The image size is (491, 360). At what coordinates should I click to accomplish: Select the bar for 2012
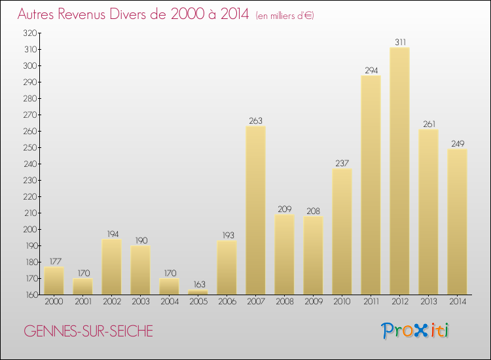tap(399, 171)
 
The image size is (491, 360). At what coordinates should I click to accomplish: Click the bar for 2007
tap(255, 210)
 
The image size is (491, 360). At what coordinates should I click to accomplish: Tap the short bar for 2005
tap(198, 292)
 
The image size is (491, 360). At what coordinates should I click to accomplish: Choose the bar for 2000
tap(54, 281)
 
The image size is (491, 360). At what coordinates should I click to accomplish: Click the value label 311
tap(399, 42)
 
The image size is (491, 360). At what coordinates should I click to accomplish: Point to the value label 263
tap(255, 120)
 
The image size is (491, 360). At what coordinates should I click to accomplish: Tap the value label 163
tap(198, 284)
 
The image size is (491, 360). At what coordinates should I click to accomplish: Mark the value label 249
tap(457, 143)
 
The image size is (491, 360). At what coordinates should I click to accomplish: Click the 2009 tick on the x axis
tap(313, 302)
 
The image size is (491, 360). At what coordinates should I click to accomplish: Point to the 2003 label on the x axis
tap(140, 302)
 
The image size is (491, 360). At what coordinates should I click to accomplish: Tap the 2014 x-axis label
tap(457, 302)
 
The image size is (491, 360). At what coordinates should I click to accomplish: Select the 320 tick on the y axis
tap(30, 33)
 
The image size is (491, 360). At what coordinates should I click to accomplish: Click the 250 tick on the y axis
tap(30, 147)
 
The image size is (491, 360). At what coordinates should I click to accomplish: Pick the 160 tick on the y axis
tap(30, 295)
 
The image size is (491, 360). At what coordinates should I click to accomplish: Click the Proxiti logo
tap(416, 331)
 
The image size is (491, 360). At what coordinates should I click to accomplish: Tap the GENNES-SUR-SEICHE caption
tap(88, 331)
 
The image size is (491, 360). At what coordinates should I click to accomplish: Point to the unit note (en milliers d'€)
tap(284, 15)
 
